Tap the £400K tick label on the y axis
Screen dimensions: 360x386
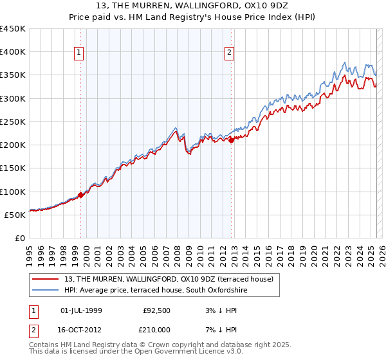point(13,52)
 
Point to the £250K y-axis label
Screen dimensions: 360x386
point(13,122)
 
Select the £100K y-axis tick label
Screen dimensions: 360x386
point(13,192)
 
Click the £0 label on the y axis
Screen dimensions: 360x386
point(21,238)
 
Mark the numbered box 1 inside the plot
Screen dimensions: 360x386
point(79,53)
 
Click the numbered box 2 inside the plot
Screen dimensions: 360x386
point(230,53)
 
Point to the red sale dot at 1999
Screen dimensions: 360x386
point(80,195)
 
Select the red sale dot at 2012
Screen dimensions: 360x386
point(231,140)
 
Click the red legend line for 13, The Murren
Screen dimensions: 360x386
point(46,279)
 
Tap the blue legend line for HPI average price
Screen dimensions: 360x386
point(46,290)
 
